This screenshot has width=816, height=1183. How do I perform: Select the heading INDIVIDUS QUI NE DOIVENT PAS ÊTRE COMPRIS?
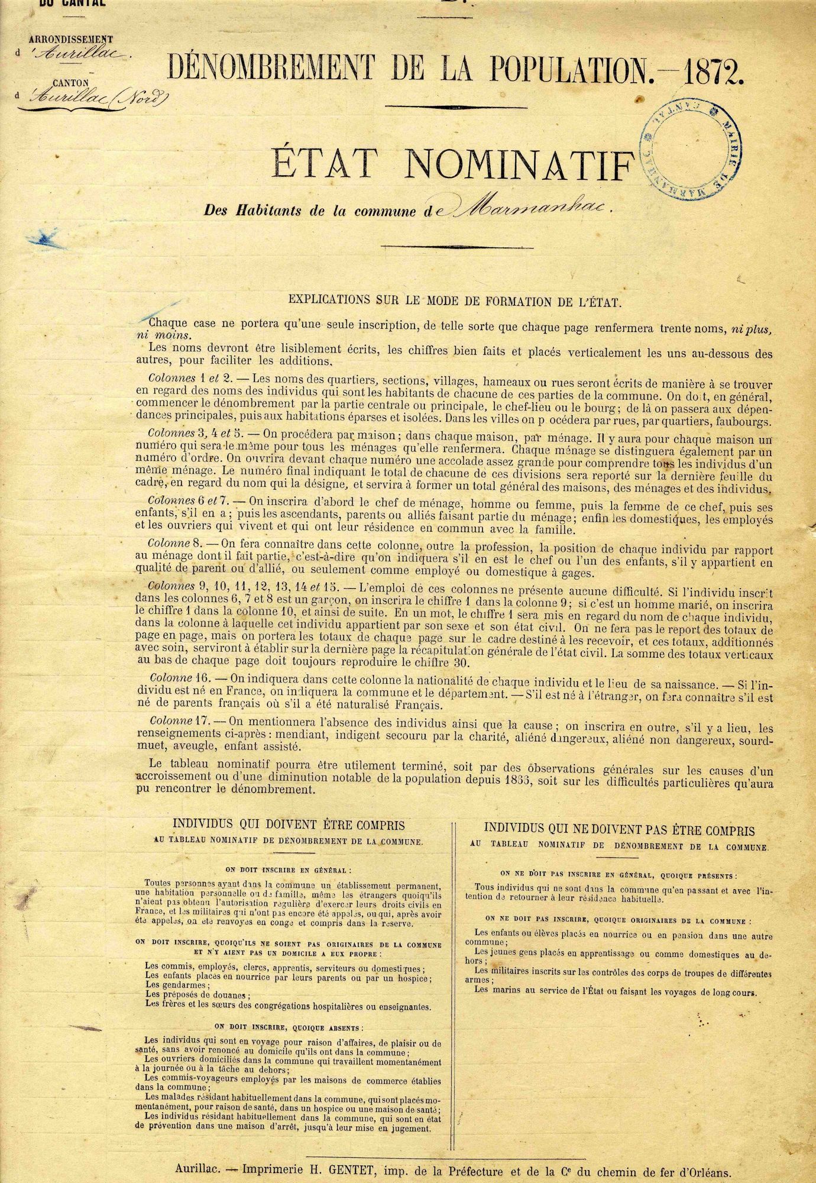tap(619, 830)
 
